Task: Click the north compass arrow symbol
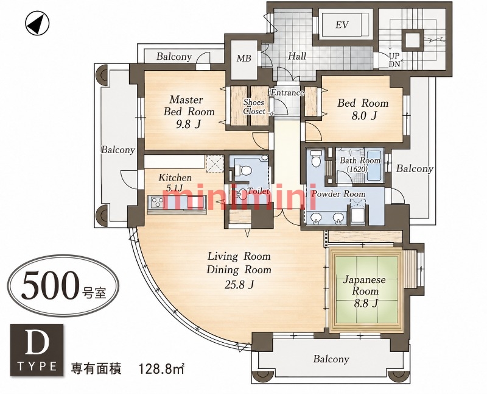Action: (x=37, y=24)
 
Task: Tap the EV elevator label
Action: (x=342, y=25)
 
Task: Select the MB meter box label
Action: (x=244, y=58)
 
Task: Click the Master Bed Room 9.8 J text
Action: (x=189, y=112)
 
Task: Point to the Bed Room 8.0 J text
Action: (x=363, y=109)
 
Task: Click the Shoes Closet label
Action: (x=254, y=107)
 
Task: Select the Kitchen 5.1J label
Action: (x=175, y=182)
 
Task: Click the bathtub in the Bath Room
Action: (x=375, y=165)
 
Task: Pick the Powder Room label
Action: (x=338, y=194)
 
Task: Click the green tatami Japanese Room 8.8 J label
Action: (x=365, y=291)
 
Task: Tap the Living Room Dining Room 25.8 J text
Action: (x=239, y=270)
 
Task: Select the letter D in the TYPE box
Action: (x=37, y=343)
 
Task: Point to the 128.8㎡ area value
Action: (x=161, y=370)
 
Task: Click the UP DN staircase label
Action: (x=394, y=60)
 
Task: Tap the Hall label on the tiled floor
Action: (x=297, y=56)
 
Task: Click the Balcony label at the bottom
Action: (x=331, y=359)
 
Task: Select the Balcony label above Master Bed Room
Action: (x=174, y=57)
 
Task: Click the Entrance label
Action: (x=287, y=93)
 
